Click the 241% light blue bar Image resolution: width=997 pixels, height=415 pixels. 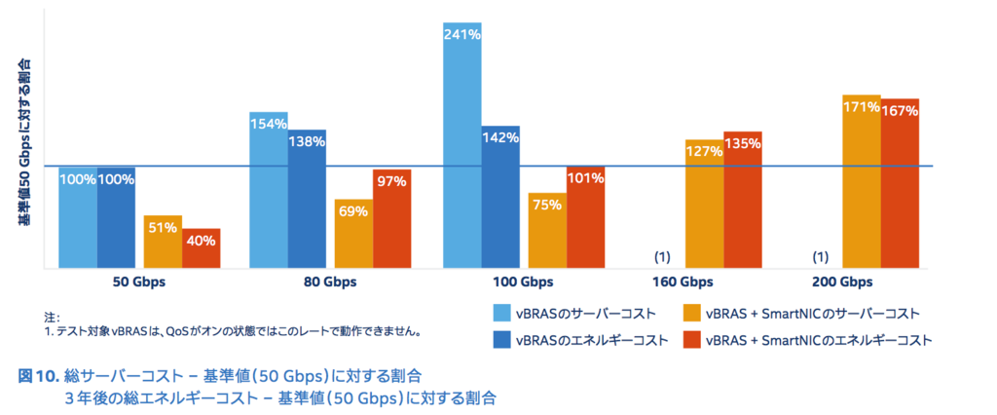[462, 146]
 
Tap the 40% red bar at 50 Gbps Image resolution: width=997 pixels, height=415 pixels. [202, 248]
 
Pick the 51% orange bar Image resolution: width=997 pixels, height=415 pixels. [163, 242]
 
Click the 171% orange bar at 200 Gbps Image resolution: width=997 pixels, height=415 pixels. [862, 181]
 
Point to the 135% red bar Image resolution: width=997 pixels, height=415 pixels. [742, 200]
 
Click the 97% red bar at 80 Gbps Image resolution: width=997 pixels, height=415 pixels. [391, 219]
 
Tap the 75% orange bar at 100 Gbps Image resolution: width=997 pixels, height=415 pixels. [547, 230]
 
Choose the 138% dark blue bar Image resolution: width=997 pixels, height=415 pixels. [307, 199]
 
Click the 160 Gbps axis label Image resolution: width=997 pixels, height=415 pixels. [682, 283]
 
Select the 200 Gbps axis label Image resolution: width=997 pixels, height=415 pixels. [842, 283]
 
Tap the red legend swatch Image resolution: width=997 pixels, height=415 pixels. [691, 340]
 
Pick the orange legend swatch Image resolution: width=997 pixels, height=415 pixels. [691, 313]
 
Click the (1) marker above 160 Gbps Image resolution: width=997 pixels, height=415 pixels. [662, 257]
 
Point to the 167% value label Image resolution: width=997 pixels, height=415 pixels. [900, 111]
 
